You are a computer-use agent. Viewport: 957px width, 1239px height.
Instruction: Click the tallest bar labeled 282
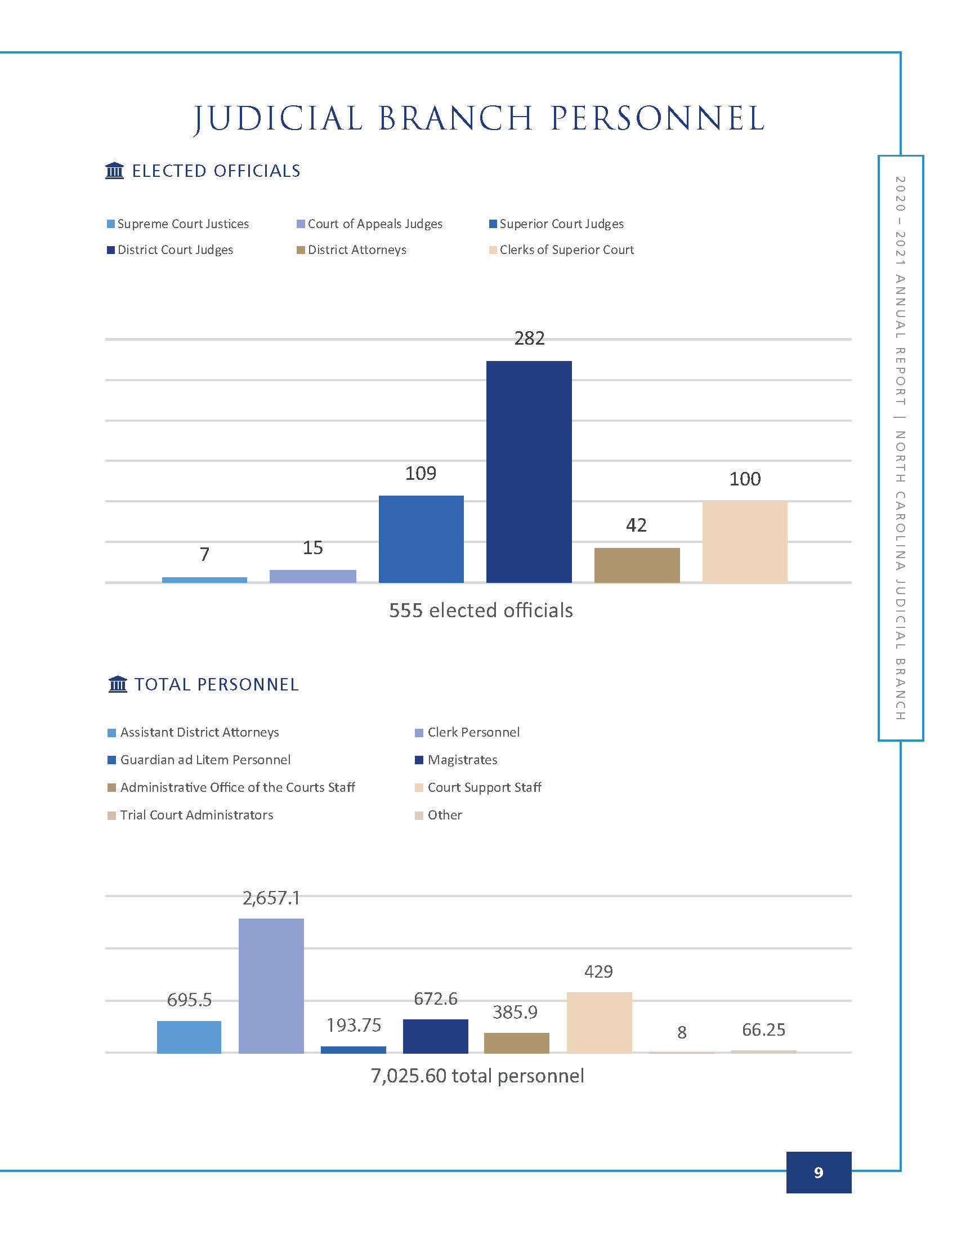(529, 471)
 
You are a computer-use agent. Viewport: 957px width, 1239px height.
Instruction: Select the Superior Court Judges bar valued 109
(421, 539)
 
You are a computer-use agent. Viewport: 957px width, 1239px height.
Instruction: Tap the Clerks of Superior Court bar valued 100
(744, 542)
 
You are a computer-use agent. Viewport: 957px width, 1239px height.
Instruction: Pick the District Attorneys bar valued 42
(637, 565)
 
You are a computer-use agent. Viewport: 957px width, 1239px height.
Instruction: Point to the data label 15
(312, 547)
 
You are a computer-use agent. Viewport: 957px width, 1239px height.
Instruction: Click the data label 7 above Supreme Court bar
(205, 554)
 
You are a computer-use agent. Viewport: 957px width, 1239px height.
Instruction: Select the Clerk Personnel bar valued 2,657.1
(271, 986)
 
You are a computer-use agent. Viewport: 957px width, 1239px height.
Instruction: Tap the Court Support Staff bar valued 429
(600, 1022)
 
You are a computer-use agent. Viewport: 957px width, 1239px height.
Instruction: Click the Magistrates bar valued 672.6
(435, 1036)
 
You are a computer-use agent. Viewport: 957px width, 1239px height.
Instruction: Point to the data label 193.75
(354, 1025)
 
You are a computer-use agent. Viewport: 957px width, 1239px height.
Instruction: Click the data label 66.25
(764, 1029)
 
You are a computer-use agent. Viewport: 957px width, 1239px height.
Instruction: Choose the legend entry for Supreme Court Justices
(177, 224)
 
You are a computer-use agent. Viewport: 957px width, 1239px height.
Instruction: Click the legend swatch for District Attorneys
(301, 250)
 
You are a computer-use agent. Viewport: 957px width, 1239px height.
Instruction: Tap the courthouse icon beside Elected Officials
(114, 170)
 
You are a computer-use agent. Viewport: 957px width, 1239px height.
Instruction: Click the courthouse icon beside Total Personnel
(117, 684)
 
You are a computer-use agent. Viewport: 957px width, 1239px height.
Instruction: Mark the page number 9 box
(818, 1173)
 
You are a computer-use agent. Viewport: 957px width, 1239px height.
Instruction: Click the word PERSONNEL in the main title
(658, 119)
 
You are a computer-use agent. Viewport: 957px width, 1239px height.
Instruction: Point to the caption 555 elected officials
(481, 610)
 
